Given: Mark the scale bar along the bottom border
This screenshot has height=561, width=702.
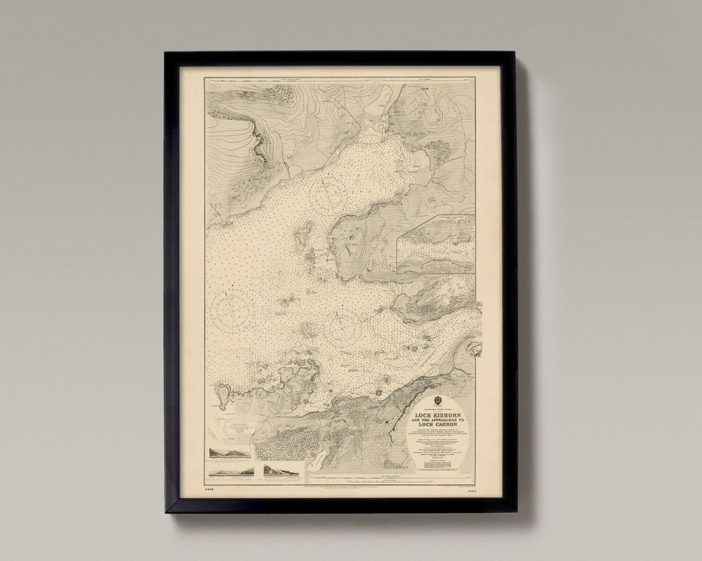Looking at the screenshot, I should point(338,481).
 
